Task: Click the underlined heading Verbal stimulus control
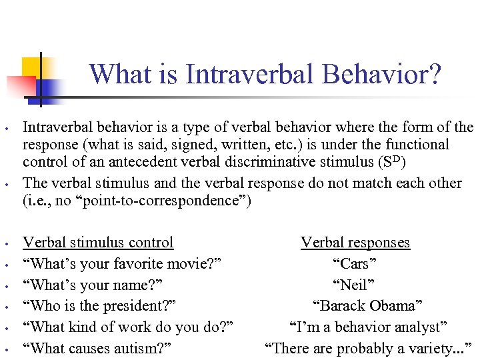click(98, 243)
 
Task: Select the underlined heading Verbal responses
click(355, 243)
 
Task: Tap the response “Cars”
click(355, 264)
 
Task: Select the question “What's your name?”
click(93, 285)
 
